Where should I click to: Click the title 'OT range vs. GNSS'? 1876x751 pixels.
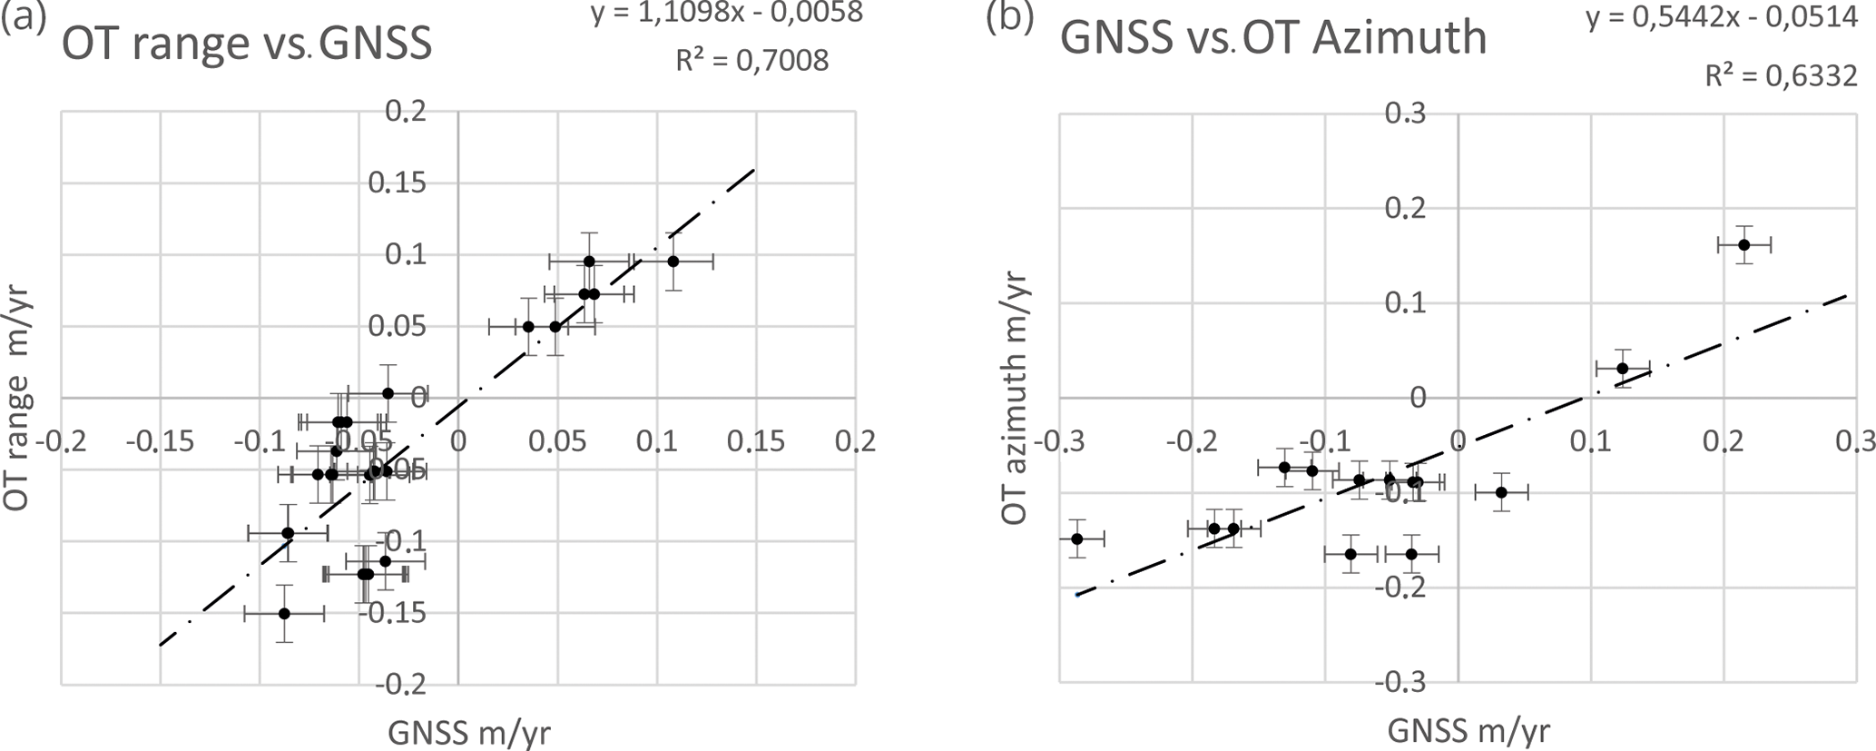pyautogui.click(x=247, y=44)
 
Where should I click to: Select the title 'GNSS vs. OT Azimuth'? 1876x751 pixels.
pyautogui.click(x=1273, y=38)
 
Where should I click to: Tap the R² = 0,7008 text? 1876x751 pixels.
pyautogui.click(x=752, y=61)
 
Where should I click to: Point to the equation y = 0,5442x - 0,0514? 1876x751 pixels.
pyautogui.click(x=1722, y=17)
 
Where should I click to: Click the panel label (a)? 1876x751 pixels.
pyautogui.click(x=24, y=17)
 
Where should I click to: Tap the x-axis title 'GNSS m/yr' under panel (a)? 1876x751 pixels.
pyautogui.click(x=468, y=731)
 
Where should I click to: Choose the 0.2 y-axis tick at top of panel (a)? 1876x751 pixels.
pyautogui.click(x=405, y=112)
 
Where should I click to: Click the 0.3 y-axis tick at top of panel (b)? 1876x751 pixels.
pyautogui.click(x=1405, y=114)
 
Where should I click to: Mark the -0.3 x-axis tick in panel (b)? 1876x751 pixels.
pyautogui.click(x=1059, y=441)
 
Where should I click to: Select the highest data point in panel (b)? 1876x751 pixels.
pyautogui.click(x=1743, y=244)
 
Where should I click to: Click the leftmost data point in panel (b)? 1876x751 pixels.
pyautogui.click(x=1077, y=539)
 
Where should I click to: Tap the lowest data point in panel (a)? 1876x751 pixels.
pyautogui.click(x=284, y=613)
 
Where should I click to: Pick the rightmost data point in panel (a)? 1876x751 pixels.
pyautogui.click(x=673, y=262)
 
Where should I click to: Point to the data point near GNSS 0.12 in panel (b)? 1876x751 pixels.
pyautogui.click(x=1623, y=368)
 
